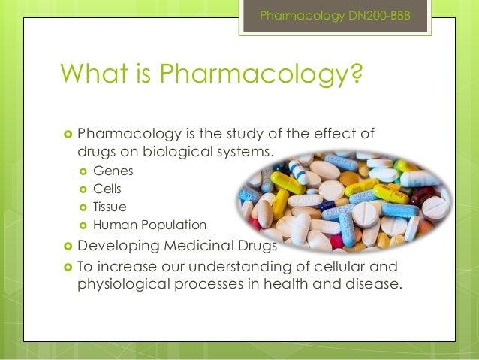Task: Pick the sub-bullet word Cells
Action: [x=107, y=189]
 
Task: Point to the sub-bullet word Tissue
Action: [x=110, y=207]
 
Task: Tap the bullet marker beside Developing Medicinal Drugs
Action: [x=68, y=246]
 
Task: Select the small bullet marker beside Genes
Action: [x=83, y=171]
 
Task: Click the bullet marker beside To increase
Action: [x=68, y=267]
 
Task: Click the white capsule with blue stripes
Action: [x=345, y=226]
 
